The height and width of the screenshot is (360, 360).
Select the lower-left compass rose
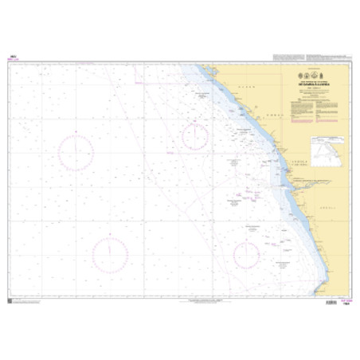(110, 254)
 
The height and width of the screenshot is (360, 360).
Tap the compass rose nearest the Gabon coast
(195, 137)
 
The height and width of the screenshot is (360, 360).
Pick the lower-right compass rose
(246, 255)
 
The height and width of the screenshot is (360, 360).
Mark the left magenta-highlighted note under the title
(299, 111)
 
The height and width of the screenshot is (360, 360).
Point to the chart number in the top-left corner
(14, 57)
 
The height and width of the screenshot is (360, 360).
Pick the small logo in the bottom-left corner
(10, 301)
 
